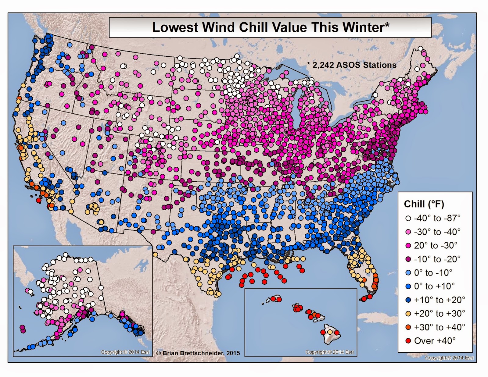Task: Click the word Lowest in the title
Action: point(175,27)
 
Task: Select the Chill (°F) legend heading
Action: point(424,204)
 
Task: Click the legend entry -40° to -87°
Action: point(437,218)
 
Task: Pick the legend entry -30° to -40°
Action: point(437,232)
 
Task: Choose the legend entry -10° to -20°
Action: point(437,259)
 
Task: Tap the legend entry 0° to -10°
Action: point(433,273)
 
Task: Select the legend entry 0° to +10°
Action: point(434,286)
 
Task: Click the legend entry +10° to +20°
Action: point(440,300)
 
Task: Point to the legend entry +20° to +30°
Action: point(440,313)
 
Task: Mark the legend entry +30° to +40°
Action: point(440,327)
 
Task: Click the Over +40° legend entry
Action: point(435,341)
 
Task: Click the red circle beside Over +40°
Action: point(408,341)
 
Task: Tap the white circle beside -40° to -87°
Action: point(408,218)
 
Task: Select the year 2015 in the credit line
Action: point(233,353)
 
